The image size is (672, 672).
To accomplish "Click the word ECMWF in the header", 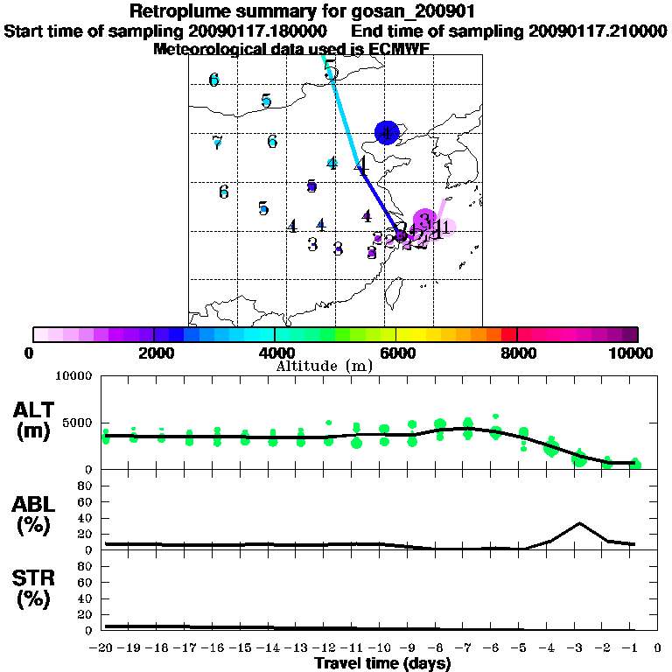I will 399,49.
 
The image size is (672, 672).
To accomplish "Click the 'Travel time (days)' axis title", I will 382,664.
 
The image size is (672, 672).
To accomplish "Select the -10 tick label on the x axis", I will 383,648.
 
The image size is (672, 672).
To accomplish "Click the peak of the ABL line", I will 578,523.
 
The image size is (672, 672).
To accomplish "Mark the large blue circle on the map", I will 387,133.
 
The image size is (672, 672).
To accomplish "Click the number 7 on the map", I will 217,143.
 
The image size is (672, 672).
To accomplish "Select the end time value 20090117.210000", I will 597,31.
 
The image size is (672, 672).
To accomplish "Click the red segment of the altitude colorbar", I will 509,335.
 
